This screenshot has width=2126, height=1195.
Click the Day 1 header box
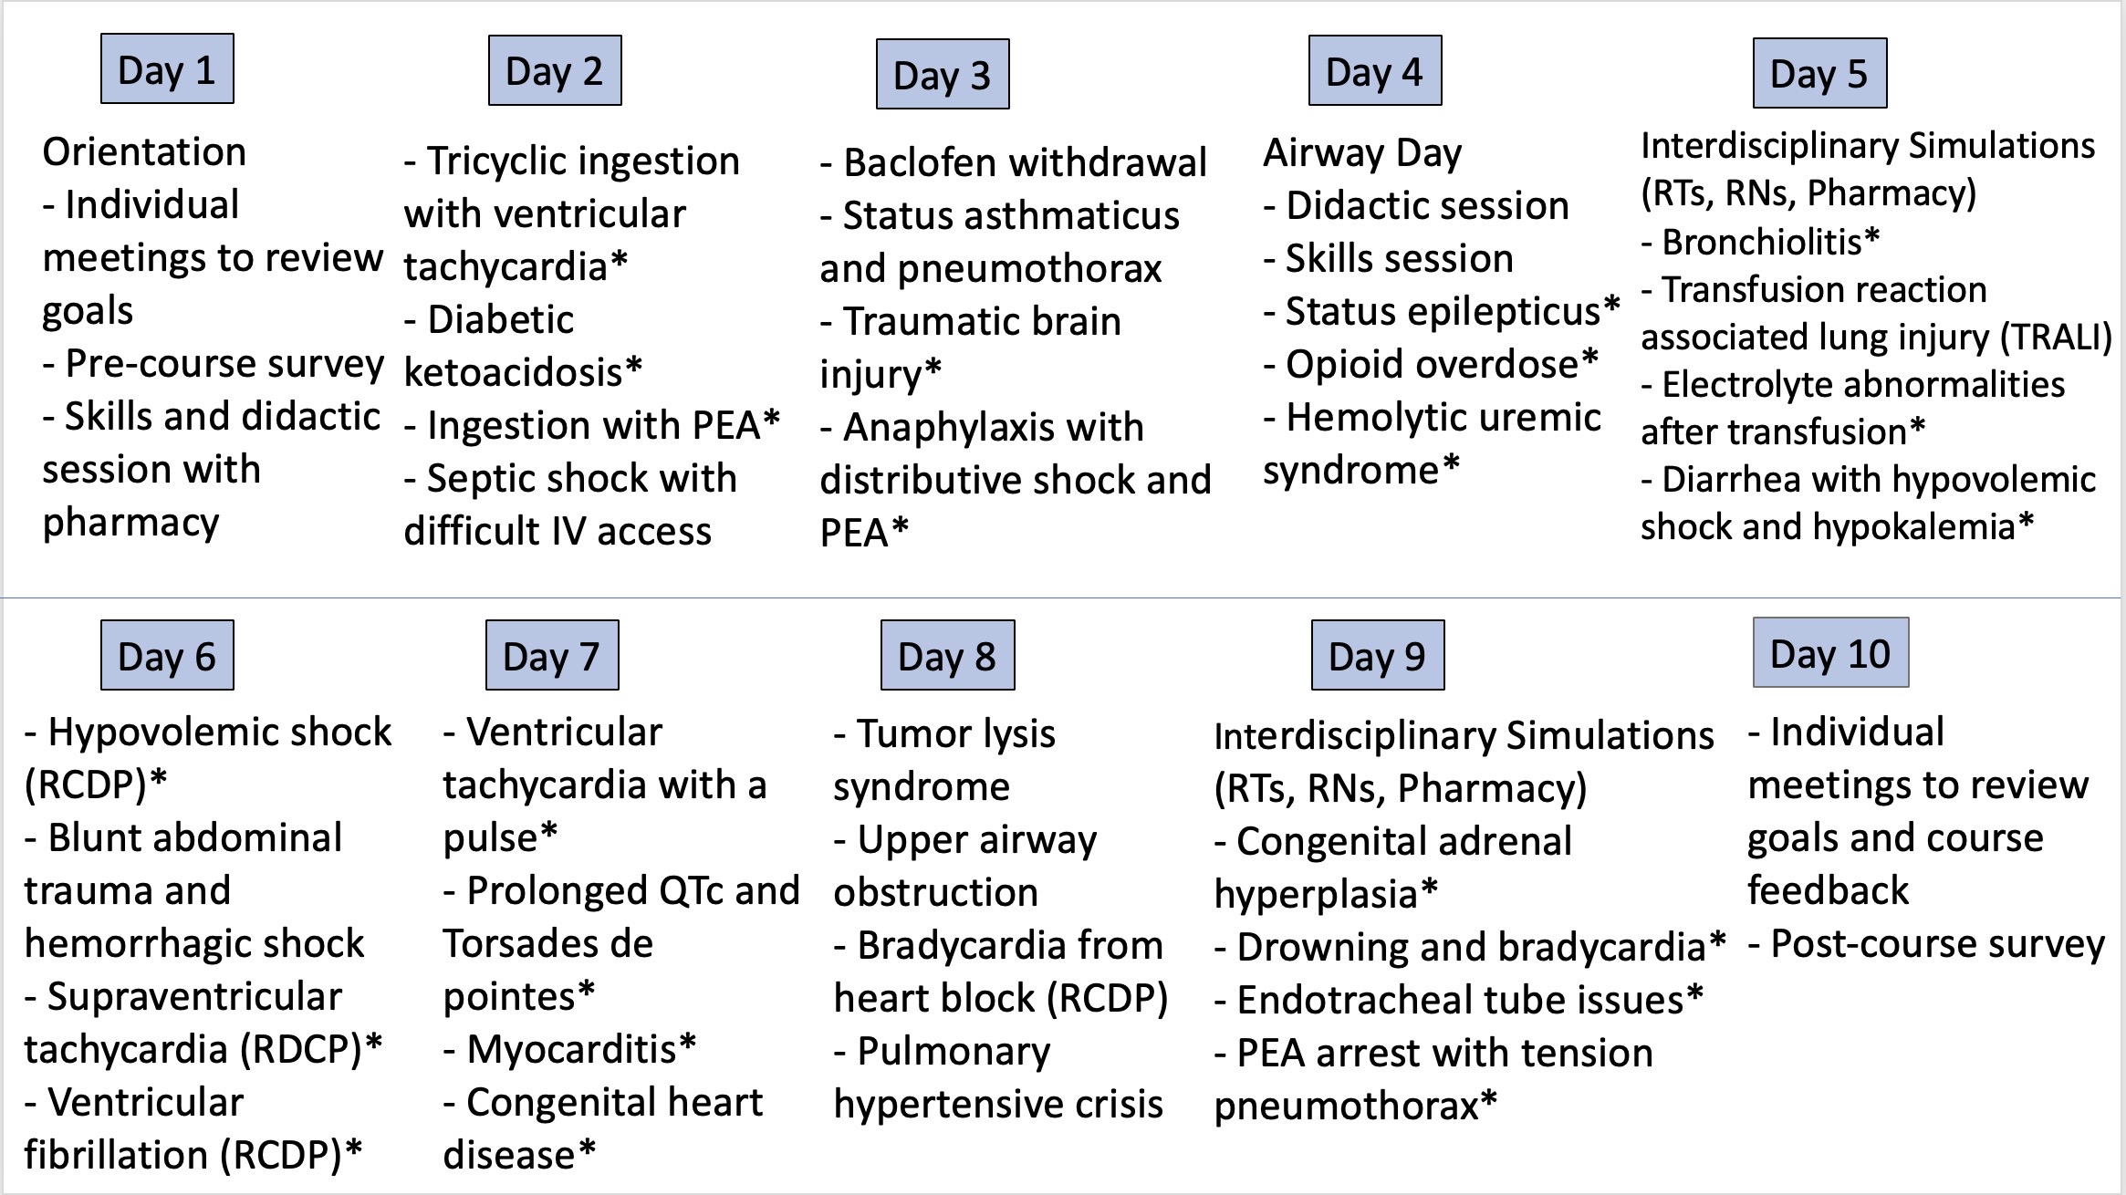(x=167, y=68)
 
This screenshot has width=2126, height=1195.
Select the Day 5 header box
(x=1819, y=73)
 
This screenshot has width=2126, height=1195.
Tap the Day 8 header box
(x=947, y=655)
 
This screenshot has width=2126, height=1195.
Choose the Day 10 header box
(x=1830, y=652)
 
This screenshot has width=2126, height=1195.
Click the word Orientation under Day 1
(x=144, y=151)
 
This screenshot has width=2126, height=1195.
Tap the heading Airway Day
(x=1362, y=154)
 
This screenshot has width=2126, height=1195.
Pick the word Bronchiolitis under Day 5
(x=1762, y=243)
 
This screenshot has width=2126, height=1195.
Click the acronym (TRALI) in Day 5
(x=2056, y=338)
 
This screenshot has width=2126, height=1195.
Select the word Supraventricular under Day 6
(x=194, y=997)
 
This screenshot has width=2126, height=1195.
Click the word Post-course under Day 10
(x=1874, y=945)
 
